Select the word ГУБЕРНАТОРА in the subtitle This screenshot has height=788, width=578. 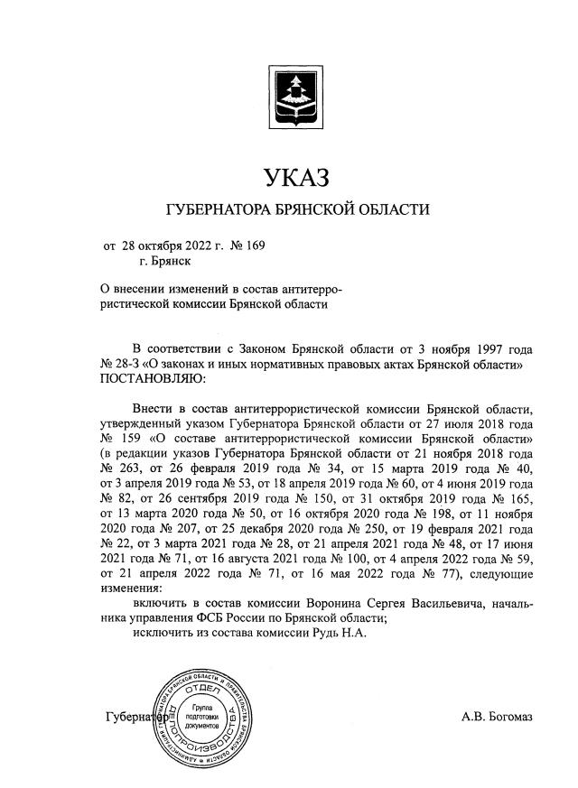(x=219, y=210)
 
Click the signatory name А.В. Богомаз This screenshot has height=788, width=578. (x=497, y=717)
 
